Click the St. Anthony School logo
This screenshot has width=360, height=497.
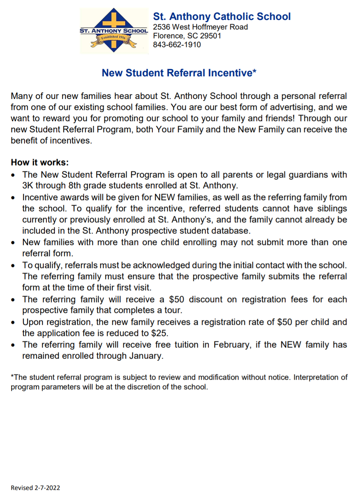(x=114, y=31)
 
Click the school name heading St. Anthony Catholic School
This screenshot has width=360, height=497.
(x=221, y=16)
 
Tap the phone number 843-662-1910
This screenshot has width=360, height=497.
(x=177, y=44)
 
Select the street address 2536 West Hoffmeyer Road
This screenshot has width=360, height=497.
(x=200, y=27)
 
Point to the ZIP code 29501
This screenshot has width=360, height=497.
(x=210, y=36)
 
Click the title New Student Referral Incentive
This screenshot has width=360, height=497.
(x=179, y=73)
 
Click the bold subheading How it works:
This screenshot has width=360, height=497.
(x=40, y=162)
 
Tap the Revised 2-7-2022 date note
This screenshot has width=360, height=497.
(x=35, y=488)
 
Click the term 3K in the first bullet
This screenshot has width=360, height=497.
(x=28, y=186)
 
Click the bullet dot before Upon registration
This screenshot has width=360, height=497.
(x=14, y=323)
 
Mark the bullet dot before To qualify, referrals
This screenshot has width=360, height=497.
(x=14, y=266)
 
